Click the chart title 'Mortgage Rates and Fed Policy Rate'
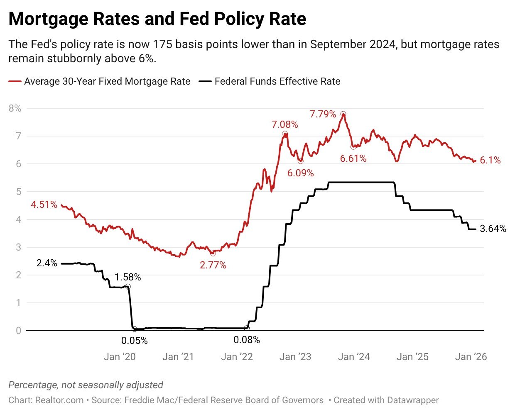(x=157, y=19)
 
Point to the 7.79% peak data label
(x=323, y=114)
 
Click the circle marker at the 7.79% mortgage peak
(x=343, y=114)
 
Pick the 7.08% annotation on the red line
(x=284, y=124)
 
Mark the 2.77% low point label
(x=213, y=265)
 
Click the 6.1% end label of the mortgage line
(x=490, y=160)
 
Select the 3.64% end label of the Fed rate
(x=493, y=229)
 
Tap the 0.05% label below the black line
(x=134, y=341)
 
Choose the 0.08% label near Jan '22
(x=247, y=340)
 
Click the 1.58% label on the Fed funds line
(x=128, y=277)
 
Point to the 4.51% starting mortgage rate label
(x=44, y=205)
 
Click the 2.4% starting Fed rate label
(x=47, y=263)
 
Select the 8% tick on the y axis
(x=15, y=108)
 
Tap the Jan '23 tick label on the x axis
(x=295, y=357)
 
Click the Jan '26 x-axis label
(x=471, y=357)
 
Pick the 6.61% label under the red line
(x=353, y=158)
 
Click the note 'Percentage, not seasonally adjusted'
(x=86, y=385)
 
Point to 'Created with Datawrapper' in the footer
(x=386, y=400)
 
